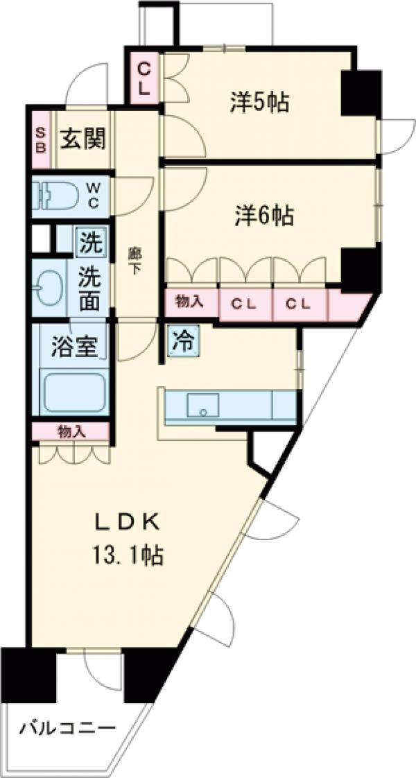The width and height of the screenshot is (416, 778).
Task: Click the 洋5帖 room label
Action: [259, 103]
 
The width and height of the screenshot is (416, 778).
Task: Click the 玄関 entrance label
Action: [83, 140]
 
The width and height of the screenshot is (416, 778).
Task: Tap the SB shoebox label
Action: [42, 140]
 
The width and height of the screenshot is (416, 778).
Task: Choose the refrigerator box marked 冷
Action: [184, 340]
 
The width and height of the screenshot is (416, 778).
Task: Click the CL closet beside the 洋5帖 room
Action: [144, 78]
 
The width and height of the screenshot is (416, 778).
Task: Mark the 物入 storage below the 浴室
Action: [71, 431]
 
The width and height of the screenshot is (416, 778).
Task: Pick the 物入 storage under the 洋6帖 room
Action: [191, 302]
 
